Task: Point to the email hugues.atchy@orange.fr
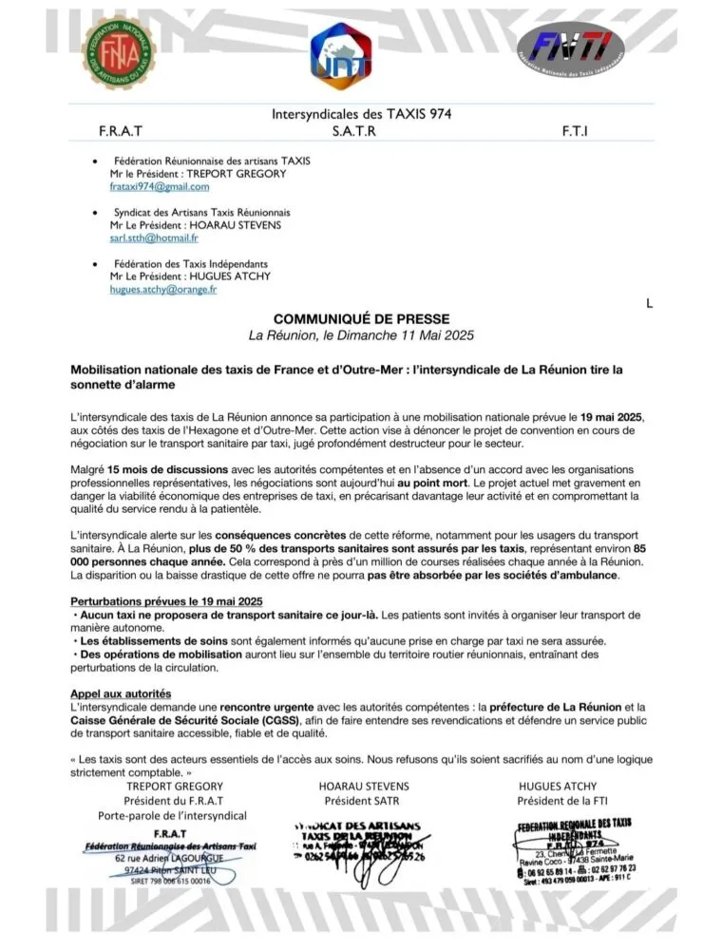pos(163,290)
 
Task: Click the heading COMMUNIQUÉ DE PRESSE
pos(361,319)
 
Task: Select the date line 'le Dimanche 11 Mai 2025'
pos(361,335)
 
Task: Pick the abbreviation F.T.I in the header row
pos(575,130)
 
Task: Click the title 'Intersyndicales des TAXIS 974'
pos(361,114)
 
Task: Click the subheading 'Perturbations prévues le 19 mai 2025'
pos(165,602)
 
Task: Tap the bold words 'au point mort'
pos(433,483)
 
